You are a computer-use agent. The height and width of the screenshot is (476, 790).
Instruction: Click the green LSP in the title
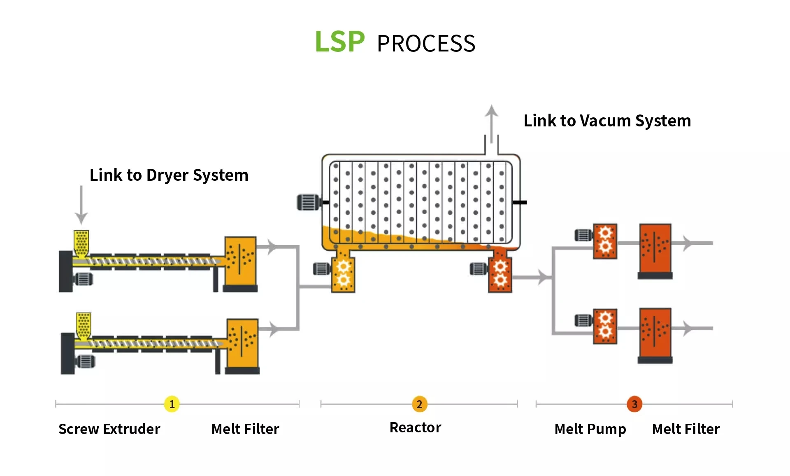339,42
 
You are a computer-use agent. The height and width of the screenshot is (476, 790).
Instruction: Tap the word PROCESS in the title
426,44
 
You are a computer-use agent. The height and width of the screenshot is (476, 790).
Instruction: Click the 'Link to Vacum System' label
607,121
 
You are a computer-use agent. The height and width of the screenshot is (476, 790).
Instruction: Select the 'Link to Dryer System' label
169,175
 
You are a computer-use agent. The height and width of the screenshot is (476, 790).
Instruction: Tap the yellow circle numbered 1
172,404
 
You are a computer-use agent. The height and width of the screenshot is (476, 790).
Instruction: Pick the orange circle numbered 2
419,404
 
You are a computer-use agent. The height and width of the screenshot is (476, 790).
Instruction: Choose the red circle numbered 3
634,404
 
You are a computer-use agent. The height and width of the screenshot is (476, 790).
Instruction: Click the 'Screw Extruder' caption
109,429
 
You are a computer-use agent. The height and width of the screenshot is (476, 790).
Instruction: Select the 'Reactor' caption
415,428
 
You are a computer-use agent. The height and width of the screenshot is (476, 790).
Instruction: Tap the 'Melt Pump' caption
590,429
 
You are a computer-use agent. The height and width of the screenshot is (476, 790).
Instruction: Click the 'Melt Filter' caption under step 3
686,429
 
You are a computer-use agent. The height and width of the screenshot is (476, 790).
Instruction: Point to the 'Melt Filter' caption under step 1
245,429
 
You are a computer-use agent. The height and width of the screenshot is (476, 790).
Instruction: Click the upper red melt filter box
655,249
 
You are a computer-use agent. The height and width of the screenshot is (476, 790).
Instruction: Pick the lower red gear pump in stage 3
605,326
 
